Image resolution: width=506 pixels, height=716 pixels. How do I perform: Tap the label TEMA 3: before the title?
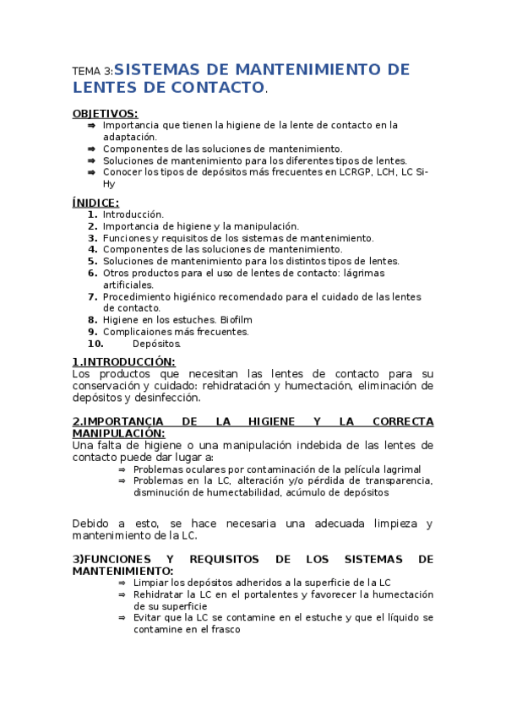pyautogui.click(x=92, y=72)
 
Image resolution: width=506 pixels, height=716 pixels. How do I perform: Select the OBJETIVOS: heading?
pyautogui.click(x=105, y=113)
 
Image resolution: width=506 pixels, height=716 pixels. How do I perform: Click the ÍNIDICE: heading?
pyautogui.click(x=95, y=203)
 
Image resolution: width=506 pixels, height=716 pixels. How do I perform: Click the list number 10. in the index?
pyautogui.click(x=95, y=344)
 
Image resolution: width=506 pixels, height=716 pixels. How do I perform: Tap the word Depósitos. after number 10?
pyautogui.click(x=156, y=344)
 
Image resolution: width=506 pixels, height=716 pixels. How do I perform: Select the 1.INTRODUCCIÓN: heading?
pyautogui.click(x=123, y=362)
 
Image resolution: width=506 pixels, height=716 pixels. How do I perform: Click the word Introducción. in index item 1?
pyautogui.click(x=133, y=214)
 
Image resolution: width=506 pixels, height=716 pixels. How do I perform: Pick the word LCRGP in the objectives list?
pyautogui.click(x=342, y=172)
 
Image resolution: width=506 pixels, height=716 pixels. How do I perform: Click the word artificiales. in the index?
pyautogui.click(x=128, y=285)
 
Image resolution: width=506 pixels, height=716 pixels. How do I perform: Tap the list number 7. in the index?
pyautogui.click(x=93, y=296)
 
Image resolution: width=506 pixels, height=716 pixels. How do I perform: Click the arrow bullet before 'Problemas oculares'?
pyautogui.click(x=122, y=469)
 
